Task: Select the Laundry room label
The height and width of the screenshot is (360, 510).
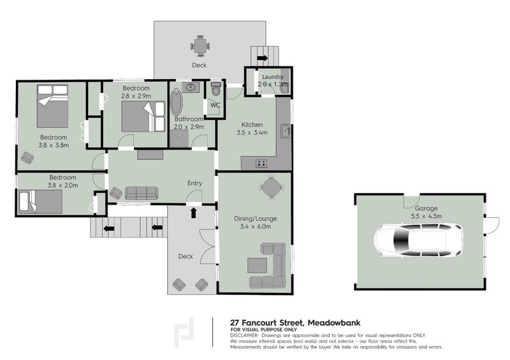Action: [272, 77]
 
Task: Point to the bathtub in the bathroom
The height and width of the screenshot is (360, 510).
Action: [176, 104]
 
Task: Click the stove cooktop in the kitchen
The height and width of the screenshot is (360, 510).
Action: [261, 163]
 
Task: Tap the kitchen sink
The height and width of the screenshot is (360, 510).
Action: [288, 132]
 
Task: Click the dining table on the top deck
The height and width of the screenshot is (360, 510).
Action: [200, 45]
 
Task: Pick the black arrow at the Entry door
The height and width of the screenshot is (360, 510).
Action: [193, 212]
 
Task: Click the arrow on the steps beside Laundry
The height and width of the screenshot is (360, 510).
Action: [262, 59]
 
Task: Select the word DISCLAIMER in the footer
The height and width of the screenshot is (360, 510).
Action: [244, 335]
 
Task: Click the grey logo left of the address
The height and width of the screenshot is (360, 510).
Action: [186, 331]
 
